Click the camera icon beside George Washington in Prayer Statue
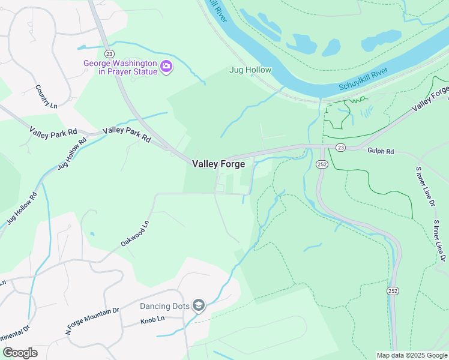(166, 67)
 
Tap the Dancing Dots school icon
(199, 306)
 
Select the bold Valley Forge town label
(218, 164)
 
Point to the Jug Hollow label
(250, 70)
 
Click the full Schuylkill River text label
(364, 79)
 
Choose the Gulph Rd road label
(381, 152)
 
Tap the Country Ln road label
(46, 97)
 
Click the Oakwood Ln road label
(134, 233)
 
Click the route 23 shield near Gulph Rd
(340, 147)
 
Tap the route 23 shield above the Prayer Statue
(108, 46)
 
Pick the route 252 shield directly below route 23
(321, 164)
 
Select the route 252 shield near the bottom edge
(392, 291)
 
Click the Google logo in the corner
(20, 353)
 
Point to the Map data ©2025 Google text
(412, 355)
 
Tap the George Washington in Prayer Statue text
(120, 67)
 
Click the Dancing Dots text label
(165, 306)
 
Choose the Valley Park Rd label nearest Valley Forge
(127, 134)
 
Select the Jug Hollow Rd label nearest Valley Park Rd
(72, 154)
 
